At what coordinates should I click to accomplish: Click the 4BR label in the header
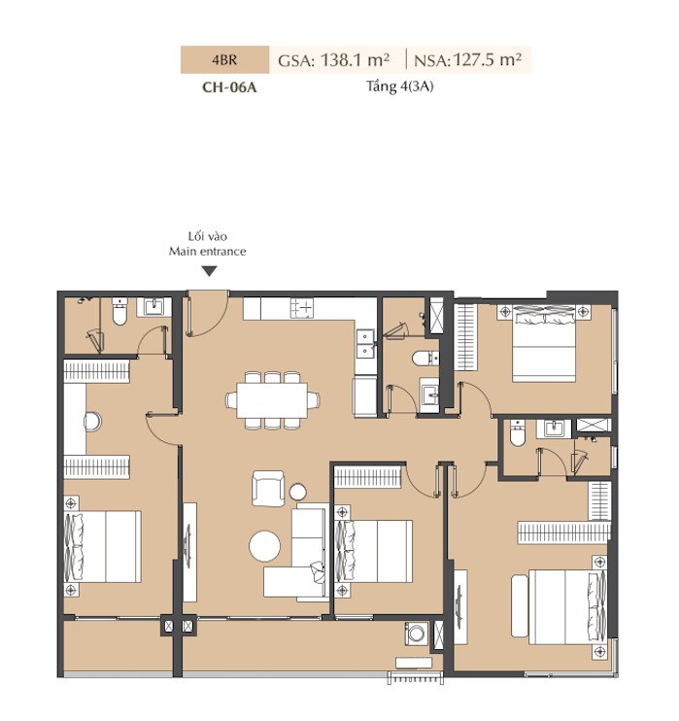(x=224, y=60)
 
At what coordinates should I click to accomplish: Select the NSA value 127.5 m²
(x=488, y=60)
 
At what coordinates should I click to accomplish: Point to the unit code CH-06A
(x=229, y=86)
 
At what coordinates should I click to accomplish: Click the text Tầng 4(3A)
(x=399, y=86)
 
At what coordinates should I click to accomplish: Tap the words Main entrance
(x=207, y=251)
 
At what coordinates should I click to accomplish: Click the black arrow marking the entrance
(x=210, y=271)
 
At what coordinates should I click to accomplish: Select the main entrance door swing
(x=207, y=314)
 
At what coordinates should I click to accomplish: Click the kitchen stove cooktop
(x=302, y=308)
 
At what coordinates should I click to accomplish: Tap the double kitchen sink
(x=366, y=343)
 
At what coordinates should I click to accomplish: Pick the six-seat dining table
(x=273, y=400)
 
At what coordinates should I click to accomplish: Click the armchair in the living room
(x=268, y=489)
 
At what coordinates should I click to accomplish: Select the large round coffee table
(x=265, y=546)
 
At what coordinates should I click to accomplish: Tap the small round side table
(x=298, y=492)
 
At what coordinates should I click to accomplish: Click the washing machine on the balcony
(x=416, y=635)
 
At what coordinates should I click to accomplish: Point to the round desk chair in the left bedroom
(x=92, y=421)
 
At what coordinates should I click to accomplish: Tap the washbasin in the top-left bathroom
(x=154, y=307)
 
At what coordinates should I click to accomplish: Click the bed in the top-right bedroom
(x=544, y=343)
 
